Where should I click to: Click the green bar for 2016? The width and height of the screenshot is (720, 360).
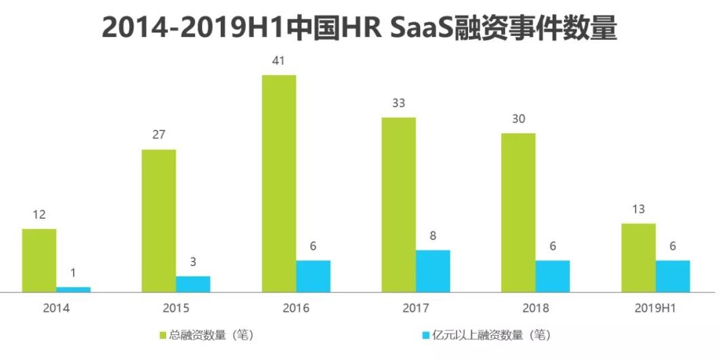(x=279, y=183)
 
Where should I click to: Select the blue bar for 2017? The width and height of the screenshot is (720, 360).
(x=433, y=271)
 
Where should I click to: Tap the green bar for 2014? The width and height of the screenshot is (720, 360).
(x=39, y=260)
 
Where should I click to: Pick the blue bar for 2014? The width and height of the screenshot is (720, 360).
(x=73, y=289)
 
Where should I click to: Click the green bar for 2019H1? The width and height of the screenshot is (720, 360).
(x=638, y=257)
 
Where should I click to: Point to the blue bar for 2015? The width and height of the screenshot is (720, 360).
(x=193, y=284)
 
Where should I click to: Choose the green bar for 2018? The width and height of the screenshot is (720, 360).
(x=518, y=212)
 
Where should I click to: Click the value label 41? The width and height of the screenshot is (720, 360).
(x=278, y=61)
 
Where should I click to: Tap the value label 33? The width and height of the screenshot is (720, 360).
(x=398, y=103)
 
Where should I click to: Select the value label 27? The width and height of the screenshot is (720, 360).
(x=159, y=134)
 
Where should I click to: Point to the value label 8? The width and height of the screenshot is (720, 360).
(x=433, y=236)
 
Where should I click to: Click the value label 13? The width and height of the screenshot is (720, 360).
(x=638, y=209)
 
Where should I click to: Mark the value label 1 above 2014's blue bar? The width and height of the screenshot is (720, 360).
(x=73, y=273)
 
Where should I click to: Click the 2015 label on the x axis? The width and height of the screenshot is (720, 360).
(x=176, y=309)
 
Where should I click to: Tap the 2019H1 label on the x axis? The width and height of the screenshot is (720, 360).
(x=656, y=309)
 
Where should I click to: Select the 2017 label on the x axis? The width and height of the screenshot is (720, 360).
(x=416, y=309)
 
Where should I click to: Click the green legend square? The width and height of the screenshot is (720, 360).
(x=163, y=335)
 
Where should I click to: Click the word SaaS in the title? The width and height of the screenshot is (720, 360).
(x=426, y=29)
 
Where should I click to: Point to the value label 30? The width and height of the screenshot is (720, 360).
(x=518, y=119)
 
